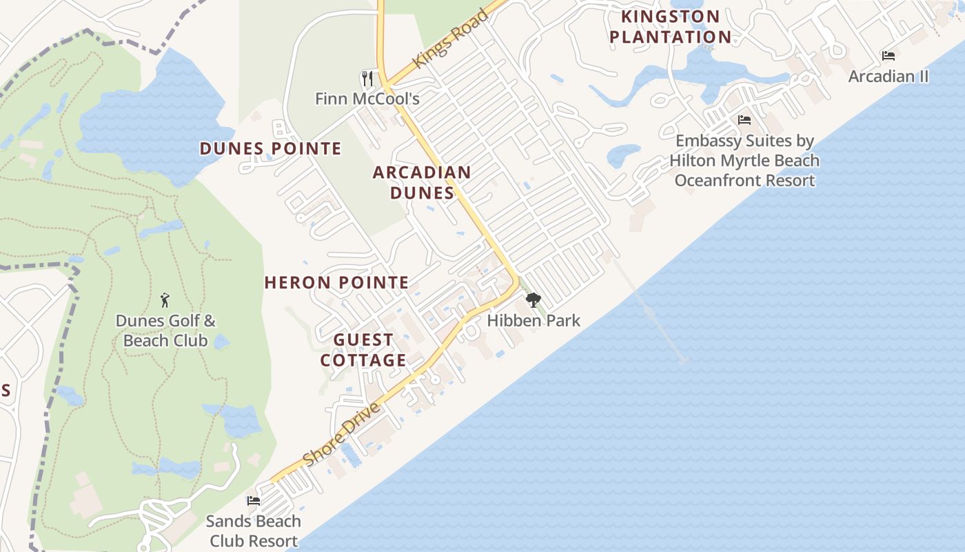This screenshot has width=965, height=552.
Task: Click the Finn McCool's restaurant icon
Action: click(x=367, y=78)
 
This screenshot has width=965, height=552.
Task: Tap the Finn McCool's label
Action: click(x=367, y=99)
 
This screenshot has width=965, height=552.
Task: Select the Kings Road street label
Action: click(x=451, y=39)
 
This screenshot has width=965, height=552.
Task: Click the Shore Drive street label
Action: click(x=342, y=435)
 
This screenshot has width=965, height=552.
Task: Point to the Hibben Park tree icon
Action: click(x=533, y=300)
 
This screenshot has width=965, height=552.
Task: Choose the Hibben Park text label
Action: click(x=534, y=320)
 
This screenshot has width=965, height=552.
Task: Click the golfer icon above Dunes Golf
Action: click(x=165, y=300)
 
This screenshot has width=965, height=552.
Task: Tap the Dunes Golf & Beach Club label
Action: click(x=165, y=331)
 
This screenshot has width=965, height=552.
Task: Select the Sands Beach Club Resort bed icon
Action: click(x=254, y=501)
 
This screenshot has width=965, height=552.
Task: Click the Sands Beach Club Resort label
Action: click(x=254, y=531)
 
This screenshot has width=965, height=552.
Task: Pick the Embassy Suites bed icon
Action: click(x=744, y=120)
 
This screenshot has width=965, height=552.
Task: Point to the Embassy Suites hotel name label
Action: click(x=744, y=161)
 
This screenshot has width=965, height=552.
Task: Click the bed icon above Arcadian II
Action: click(x=888, y=56)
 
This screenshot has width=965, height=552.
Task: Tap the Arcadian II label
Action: click(x=888, y=76)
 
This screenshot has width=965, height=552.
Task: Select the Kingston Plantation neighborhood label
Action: click(x=670, y=26)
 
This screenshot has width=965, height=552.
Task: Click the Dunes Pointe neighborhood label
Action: click(x=270, y=148)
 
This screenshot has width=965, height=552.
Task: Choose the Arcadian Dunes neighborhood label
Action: click(x=422, y=182)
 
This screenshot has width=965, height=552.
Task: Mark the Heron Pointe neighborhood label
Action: click(x=336, y=282)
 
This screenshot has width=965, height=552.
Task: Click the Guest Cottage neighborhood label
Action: click(x=363, y=350)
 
